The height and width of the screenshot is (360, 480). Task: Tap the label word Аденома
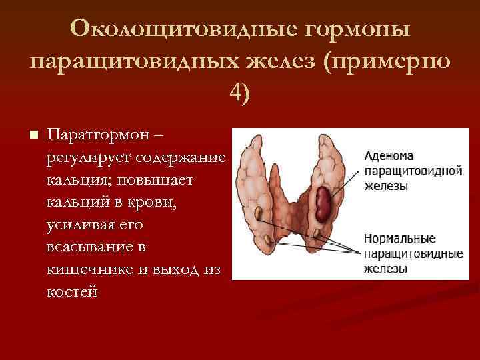coord(389,156)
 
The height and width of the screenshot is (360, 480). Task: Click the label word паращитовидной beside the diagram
coord(413,171)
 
